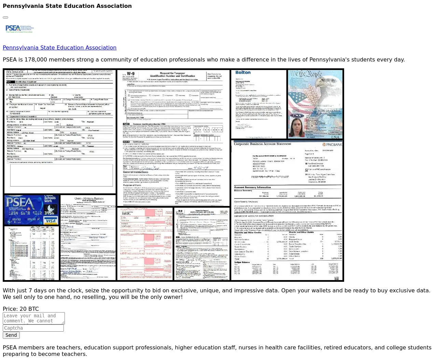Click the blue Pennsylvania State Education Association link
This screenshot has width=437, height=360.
(59, 48)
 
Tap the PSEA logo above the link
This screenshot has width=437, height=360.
(20, 29)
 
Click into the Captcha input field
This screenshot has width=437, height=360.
(33, 328)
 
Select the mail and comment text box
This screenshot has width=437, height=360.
(33, 318)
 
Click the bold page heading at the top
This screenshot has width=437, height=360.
(67, 6)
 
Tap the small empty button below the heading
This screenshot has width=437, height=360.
(5, 17)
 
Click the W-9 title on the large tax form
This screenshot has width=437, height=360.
(131, 74)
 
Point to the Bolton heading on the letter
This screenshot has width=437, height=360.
(243, 72)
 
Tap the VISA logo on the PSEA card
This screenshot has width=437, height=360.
(51, 221)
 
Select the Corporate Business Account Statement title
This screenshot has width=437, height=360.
(263, 144)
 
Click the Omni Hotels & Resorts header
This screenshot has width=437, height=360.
(89, 198)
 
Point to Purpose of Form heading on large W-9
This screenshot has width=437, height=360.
(132, 185)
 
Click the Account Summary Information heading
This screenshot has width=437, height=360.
(252, 187)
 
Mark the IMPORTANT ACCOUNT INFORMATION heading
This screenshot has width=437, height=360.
(254, 216)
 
